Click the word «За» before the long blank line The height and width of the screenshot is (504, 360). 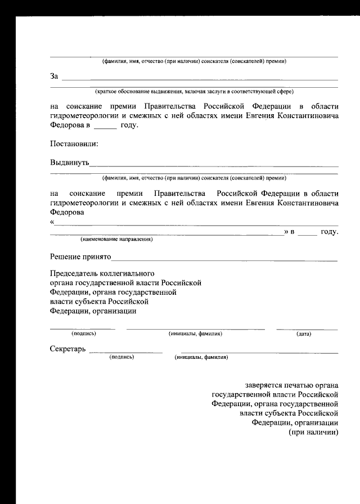[x=54, y=76]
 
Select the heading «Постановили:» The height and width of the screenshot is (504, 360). [x=74, y=143]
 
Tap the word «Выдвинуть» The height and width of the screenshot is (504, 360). [x=69, y=163]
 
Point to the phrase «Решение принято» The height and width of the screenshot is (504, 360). [x=80, y=257]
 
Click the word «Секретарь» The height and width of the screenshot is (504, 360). [x=67, y=349]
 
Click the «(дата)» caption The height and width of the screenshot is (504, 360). [x=304, y=334]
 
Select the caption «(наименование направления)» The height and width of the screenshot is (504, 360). [x=116, y=239]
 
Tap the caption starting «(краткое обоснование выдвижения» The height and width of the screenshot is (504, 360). [x=194, y=91]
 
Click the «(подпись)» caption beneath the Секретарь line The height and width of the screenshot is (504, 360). [x=121, y=357]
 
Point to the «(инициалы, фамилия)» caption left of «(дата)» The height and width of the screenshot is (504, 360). [x=195, y=334]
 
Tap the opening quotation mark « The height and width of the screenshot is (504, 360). [x=52, y=223]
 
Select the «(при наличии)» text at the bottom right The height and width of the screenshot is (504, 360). [x=313, y=433]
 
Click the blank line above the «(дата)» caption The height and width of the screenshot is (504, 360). [x=307, y=328]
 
